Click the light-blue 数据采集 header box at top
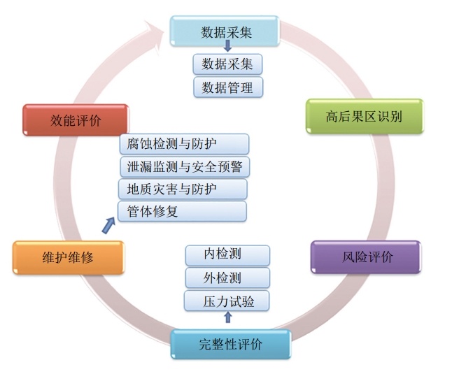(227, 31)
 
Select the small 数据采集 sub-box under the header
(227, 64)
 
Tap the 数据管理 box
(227, 87)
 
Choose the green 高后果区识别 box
(364, 116)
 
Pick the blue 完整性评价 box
(231, 344)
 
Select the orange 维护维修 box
(68, 257)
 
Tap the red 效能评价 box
(76, 120)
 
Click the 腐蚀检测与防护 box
(184, 145)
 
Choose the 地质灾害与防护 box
(183, 189)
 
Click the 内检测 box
(227, 255)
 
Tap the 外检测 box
(227, 278)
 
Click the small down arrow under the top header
(227, 47)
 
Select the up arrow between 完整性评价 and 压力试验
(227, 318)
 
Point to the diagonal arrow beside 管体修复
(108, 224)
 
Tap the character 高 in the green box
(332, 116)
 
